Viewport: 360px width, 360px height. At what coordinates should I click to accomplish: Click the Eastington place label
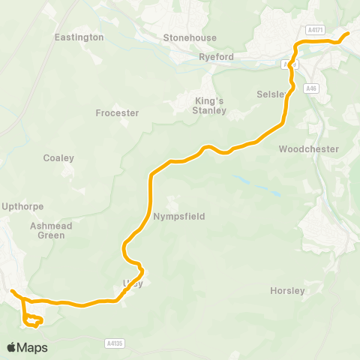(x=79, y=37)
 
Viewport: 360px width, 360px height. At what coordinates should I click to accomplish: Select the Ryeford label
(x=217, y=57)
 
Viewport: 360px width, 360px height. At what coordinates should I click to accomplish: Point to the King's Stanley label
(x=210, y=106)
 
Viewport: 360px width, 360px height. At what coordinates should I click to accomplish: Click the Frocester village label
(x=118, y=113)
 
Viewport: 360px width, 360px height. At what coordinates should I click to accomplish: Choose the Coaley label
(x=58, y=158)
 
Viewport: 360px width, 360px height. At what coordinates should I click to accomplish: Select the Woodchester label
(x=308, y=149)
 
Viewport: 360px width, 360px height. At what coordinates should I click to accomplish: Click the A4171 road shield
(x=316, y=30)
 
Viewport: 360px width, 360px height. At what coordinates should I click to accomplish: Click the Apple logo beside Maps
(x=12, y=347)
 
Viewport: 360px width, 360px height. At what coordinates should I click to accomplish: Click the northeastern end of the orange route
(x=347, y=34)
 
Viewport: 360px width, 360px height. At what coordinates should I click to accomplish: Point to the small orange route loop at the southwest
(x=31, y=321)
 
